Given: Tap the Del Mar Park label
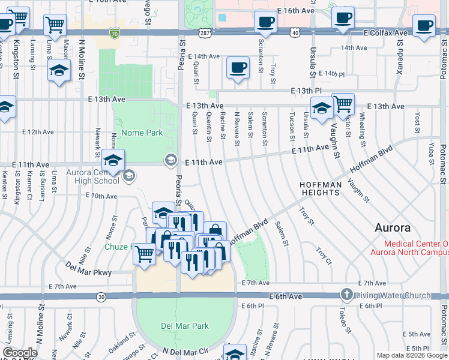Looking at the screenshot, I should coord(185,326).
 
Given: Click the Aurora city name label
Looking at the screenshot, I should coord(393,228).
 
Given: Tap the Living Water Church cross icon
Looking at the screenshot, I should coord(346,295).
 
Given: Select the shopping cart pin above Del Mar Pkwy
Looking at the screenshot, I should coord(144,254).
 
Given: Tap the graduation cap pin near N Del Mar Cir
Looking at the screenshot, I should coord(235,353).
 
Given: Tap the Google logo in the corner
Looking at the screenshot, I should coord(20,353).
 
